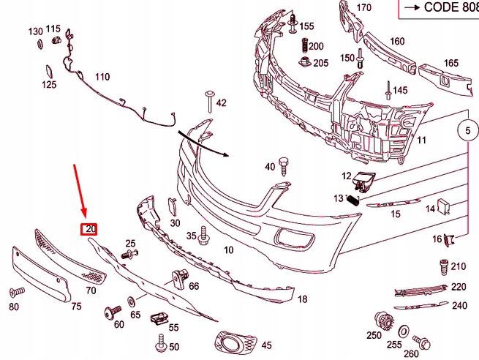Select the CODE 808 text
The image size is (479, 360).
[x=440, y=7]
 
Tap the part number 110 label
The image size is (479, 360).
[x=102, y=77]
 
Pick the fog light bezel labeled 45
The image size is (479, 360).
[x=232, y=342]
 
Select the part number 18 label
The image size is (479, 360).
[x=303, y=299]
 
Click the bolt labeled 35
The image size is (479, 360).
[x=204, y=235]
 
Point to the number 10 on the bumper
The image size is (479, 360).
[x=228, y=250]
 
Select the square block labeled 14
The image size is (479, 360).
[x=443, y=206]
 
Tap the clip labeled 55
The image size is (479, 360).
[x=159, y=318]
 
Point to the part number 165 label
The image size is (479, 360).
[x=451, y=64]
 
